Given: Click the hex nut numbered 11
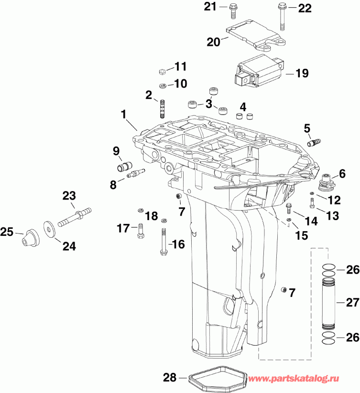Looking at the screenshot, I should pos(162,71).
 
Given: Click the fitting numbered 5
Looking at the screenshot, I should pos(315,142).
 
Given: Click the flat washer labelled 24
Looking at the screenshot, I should pos(49,227).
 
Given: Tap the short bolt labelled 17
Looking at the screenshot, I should pos(140,231).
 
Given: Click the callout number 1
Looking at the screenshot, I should pos(124,115).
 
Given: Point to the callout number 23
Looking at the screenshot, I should pos(69,196).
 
